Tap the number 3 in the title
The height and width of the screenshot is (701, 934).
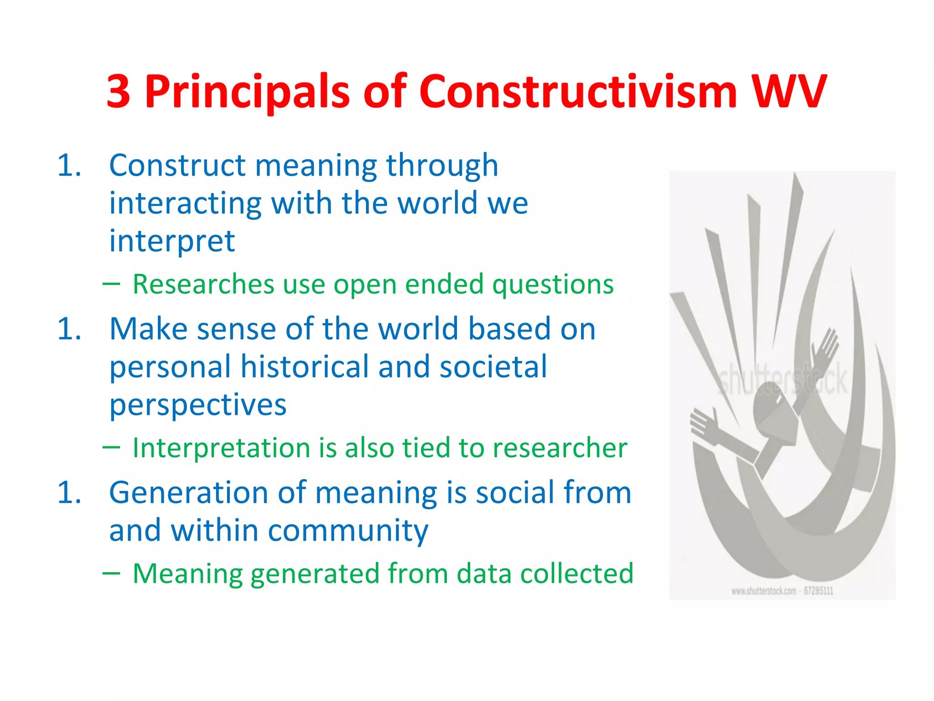pyautogui.click(x=119, y=92)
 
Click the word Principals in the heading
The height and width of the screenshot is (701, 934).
pyautogui.click(x=247, y=92)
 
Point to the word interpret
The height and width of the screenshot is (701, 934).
pyautogui.click(x=172, y=241)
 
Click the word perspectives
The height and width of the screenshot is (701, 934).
pyautogui.click(x=198, y=405)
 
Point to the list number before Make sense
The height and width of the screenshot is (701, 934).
pyautogui.click(x=69, y=329)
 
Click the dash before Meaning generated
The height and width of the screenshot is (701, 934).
pyautogui.click(x=111, y=573)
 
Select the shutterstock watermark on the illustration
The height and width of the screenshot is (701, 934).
pyautogui.click(x=782, y=379)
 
